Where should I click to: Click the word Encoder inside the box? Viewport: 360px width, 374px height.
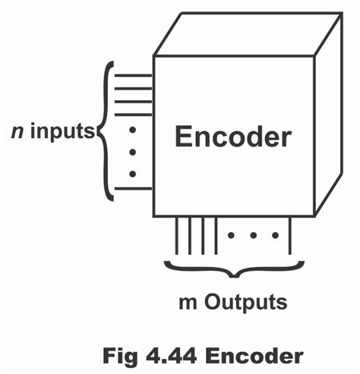[232, 137]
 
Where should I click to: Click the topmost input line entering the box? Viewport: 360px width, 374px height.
[134, 76]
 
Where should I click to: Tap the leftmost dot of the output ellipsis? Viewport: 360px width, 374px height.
[231, 235]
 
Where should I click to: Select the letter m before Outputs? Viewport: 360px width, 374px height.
[185, 302]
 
